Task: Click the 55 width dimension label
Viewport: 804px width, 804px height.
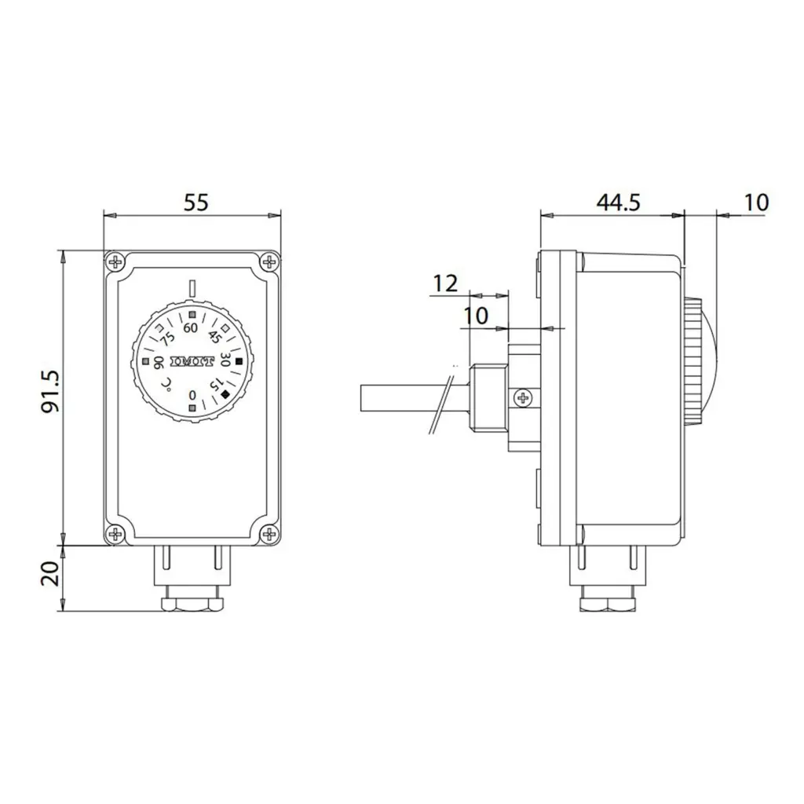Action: [196, 203]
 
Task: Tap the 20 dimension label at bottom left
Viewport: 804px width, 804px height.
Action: [50, 575]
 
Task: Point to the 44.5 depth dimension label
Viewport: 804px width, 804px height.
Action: [618, 203]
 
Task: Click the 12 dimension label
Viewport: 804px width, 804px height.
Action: [445, 283]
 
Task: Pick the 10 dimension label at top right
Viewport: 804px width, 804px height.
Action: [755, 203]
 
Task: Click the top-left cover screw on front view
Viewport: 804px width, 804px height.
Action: [116, 261]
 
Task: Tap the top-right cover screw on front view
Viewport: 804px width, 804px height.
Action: [270, 261]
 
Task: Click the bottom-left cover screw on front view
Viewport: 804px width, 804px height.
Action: [116, 533]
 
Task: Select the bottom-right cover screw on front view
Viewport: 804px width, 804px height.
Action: [270, 533]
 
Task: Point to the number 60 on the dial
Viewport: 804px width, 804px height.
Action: [190, 328]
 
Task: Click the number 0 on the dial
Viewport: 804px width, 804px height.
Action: [193, 395]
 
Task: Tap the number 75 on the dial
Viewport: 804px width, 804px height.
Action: [167, 338]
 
